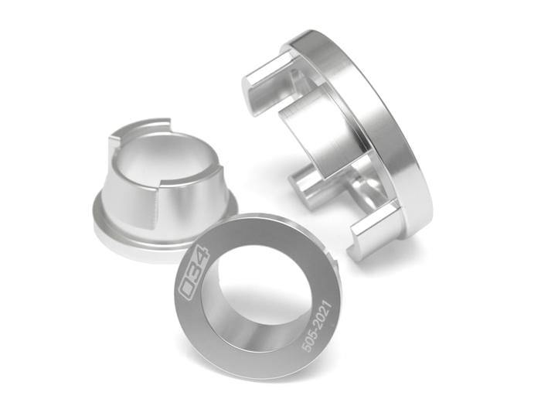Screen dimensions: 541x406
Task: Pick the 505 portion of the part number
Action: tap(310, 341)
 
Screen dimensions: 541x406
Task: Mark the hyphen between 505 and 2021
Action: tap(316, 329)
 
